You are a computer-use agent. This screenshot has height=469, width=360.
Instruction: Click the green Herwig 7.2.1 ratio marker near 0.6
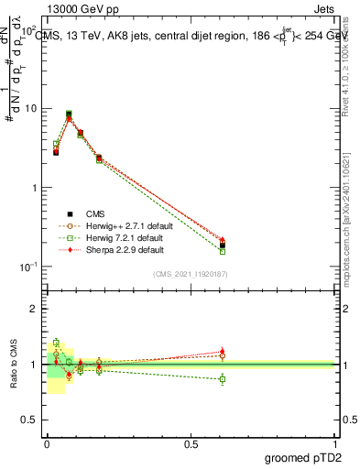222,378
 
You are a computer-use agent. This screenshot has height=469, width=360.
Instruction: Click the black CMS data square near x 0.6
222,245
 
